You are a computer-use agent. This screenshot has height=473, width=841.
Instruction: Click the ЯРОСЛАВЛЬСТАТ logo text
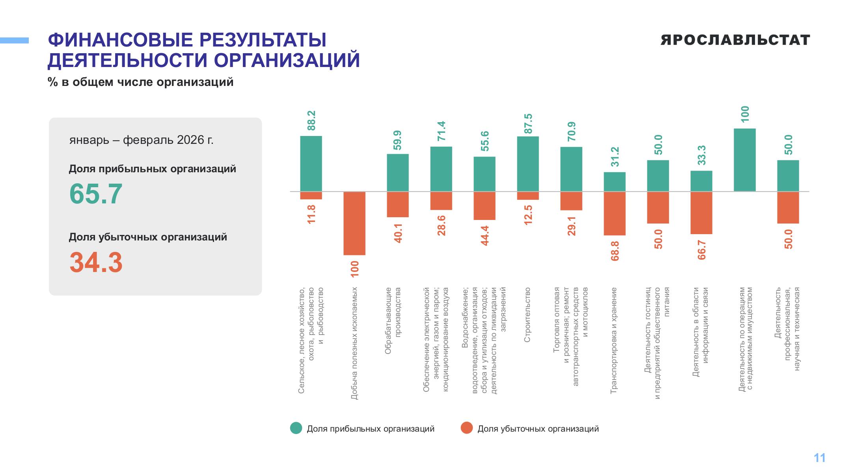tap(735, 40)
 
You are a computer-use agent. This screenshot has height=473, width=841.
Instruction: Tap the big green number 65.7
tap(96, 194)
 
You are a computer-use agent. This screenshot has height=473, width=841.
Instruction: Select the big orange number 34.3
tap(96, 263)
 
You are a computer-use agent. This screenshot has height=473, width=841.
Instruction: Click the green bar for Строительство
tap(528, 164)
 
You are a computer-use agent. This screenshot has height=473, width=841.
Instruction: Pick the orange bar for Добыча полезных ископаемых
tap(354, 223)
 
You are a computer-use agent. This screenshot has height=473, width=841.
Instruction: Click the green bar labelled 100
tap(745, 160)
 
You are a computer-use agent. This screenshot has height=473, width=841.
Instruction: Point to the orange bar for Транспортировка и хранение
tap(615, 214)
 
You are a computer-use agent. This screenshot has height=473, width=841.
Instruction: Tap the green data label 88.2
tap(311, 120)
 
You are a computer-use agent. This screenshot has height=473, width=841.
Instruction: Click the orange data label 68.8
tap(615, 251)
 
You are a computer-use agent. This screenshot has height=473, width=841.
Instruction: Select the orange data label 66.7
tap(701, 250)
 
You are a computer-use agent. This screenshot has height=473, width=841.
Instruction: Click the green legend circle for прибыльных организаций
tap(296, 428)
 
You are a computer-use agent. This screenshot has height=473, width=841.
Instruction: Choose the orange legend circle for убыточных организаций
tap(466, 428)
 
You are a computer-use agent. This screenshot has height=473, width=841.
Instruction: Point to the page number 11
tap(820, 458)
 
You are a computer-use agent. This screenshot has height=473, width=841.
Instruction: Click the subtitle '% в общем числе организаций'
tap(141, 82)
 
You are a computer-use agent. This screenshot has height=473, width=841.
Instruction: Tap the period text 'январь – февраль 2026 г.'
tap(142, 140)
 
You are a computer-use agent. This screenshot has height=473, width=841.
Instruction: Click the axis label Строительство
tap(528, 315)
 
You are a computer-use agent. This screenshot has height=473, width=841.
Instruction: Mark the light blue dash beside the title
tap(14, 40)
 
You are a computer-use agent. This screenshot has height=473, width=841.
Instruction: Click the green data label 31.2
tap(615, 156)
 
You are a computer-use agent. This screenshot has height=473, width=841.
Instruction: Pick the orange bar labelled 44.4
tap(485, 206)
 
